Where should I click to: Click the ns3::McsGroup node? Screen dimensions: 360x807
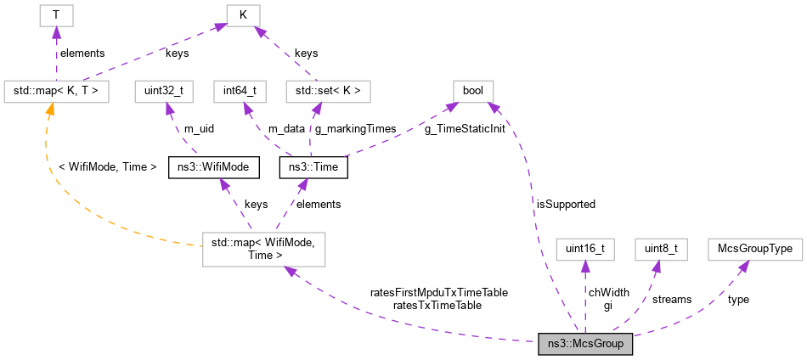[585, 345]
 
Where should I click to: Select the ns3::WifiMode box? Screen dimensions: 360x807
[213, 167]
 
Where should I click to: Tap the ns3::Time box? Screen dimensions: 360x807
[313, 167]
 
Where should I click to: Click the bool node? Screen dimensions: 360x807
[472, 89]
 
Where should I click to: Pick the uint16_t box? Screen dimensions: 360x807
[584, 249]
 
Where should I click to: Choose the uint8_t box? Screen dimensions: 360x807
[662, 249]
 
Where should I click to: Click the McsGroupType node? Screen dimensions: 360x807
[754, 249]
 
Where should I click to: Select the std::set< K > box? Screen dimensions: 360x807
[328, 89]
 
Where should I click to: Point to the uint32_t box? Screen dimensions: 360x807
[165, 89]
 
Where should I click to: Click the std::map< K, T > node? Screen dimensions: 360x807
[56, 89]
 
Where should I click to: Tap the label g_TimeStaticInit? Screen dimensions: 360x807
[466, 128]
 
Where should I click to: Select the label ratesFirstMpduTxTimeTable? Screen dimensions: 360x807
[438, 292]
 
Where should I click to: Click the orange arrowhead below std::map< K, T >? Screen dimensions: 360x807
[51, 109]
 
